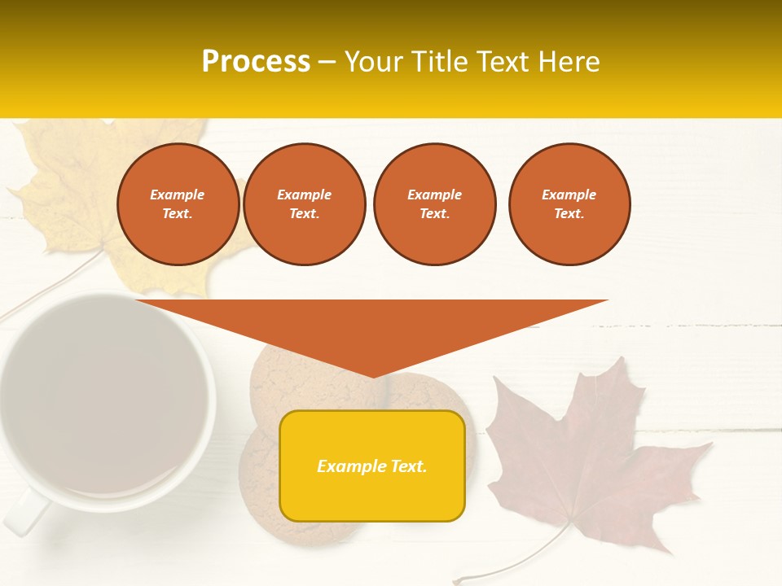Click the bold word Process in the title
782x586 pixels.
tap(256, 62)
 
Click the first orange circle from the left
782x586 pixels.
tap(178, 204)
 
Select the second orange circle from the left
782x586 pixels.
tap(304, 204)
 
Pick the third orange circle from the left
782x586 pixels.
tap(434, 204)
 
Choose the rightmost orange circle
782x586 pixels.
tap(569, 204)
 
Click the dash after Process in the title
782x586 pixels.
tap(327, 62)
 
